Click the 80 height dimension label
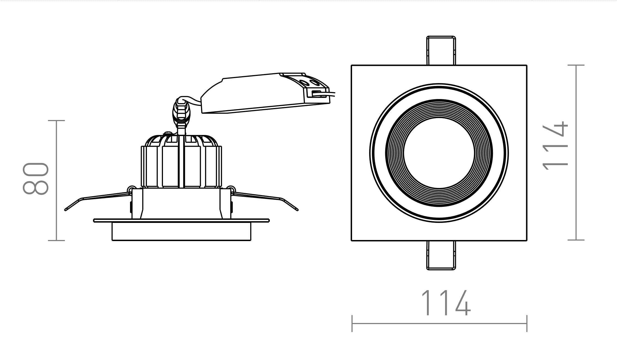[36, 179]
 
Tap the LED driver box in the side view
[265, 93]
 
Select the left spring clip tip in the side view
[66, 210]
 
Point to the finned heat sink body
[181, 161]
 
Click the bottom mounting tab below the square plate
[441, 255]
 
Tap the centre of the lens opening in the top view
[439, 153]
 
